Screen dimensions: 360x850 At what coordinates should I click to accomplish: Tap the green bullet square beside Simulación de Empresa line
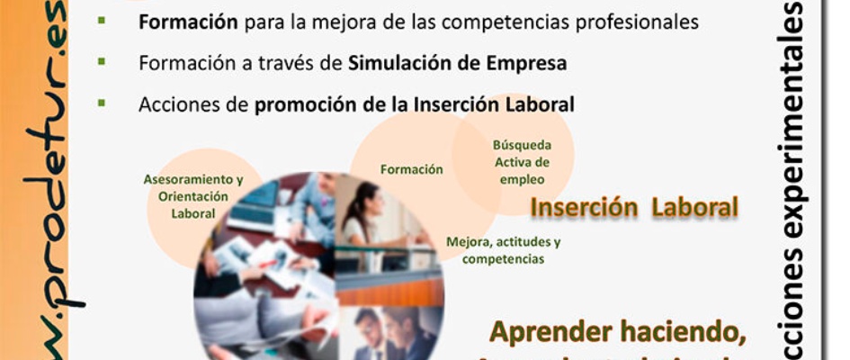(x=102, y=61)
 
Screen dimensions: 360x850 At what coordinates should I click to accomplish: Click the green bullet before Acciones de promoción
(x=102, y=103)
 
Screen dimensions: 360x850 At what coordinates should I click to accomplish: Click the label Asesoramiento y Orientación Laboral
(x=193, y=196)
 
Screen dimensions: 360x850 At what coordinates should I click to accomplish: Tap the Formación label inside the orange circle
(x=411, y=169)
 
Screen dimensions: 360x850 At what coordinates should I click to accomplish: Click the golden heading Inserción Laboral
(x=634, y=208)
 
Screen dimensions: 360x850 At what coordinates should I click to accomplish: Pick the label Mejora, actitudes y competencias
(x=504, y=250)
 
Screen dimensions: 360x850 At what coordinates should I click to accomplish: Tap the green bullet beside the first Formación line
(x=102, y=20)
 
